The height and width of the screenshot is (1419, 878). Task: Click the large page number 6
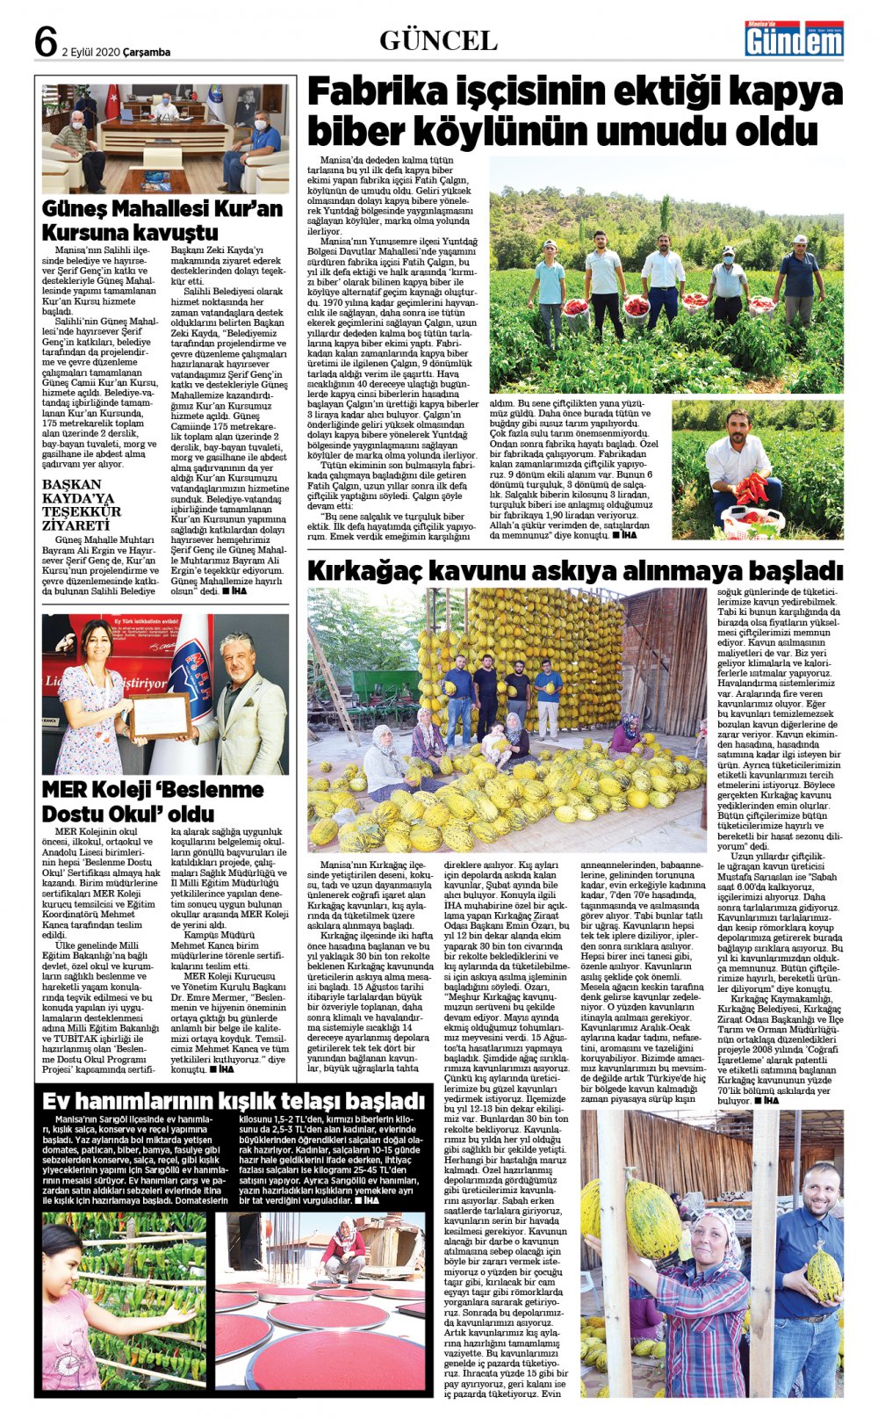coord(47,40)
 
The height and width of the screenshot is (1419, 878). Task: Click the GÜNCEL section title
coord(438,40)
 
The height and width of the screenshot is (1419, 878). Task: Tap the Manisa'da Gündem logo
coord(794,39)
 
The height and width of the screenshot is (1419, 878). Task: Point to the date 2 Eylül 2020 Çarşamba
coord(116,52)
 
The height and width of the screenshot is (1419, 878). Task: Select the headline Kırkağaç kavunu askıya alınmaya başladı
coord(574,571)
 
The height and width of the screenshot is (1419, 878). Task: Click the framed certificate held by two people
coord(160,715)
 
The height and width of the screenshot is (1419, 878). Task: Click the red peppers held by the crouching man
coord(751,489)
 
